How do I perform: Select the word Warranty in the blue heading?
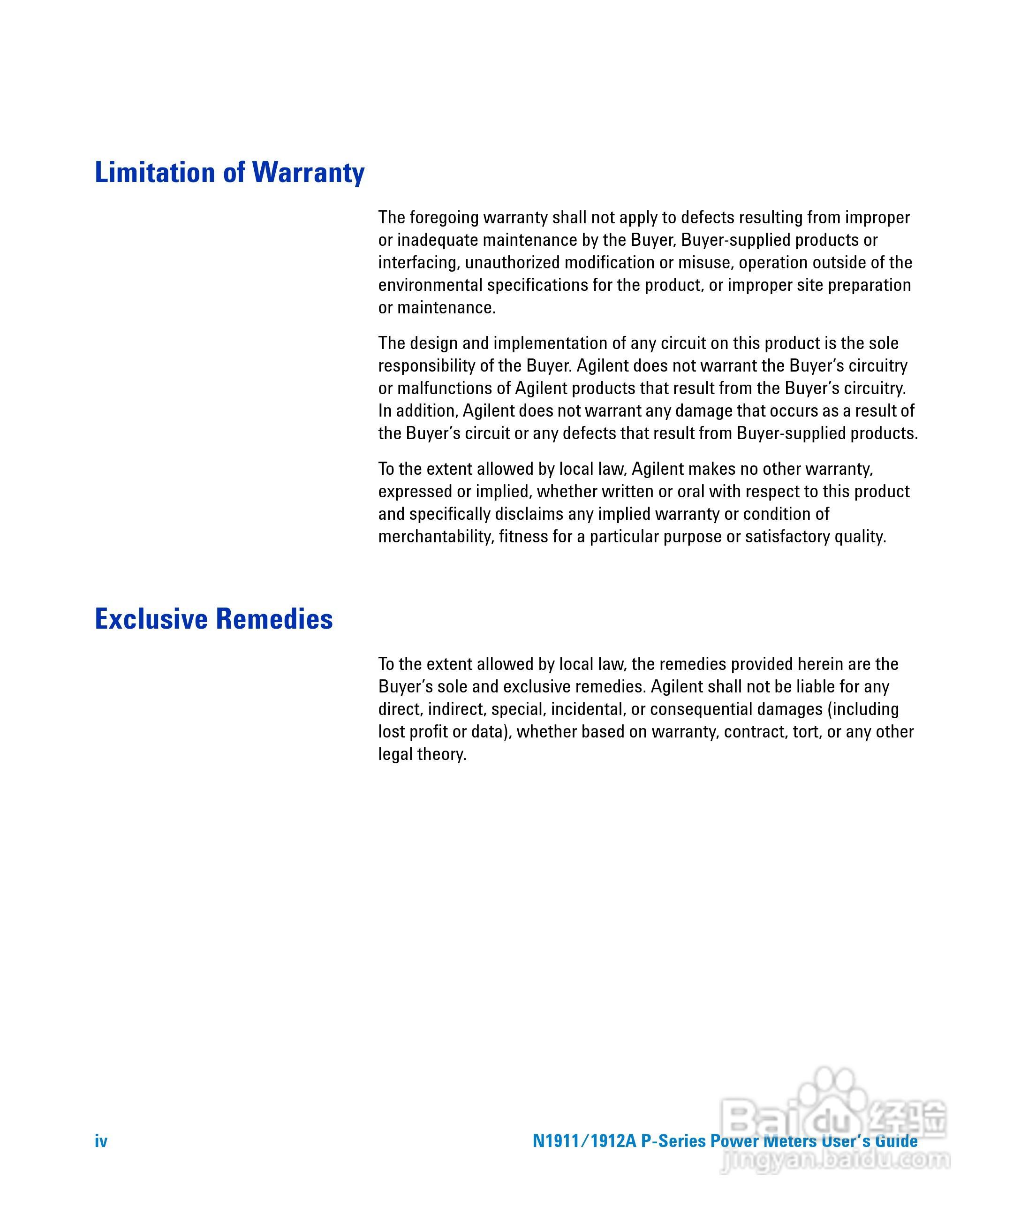[308, 173]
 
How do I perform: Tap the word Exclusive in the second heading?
[151, 618]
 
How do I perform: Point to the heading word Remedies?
[274, 618]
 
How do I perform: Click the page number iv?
[101, 1141]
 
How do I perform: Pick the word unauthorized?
[512, 263]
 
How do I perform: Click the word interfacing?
[419, 263]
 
